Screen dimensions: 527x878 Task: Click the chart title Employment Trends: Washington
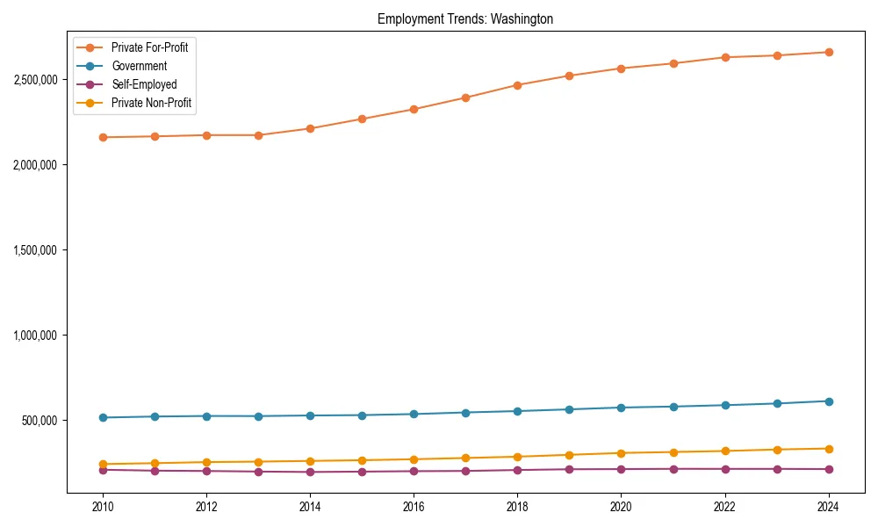pos(465,18)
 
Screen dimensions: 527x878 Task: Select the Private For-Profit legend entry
pos(149,47)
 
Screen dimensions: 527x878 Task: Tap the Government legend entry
pos(139,66)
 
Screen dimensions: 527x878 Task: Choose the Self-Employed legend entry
pos(144,84)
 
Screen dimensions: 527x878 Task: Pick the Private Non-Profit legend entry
pos(151,103)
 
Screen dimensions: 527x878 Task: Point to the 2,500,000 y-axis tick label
pos(36,79)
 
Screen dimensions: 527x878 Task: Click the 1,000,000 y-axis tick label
pos(36,335)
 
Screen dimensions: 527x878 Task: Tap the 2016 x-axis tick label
pos(414,507)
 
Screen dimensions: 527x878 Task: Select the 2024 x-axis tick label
pos(828,507)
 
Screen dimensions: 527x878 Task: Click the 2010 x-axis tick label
pos(103,507)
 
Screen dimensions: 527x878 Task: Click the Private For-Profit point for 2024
pos(828,52)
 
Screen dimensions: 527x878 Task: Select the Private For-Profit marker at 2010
pos(103,137)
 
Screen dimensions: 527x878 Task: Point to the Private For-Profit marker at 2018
pos(517,85)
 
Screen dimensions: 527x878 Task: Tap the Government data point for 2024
pos(828,401)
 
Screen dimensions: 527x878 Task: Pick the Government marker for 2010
pos(103,417)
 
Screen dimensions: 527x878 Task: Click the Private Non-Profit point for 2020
pos(621,453)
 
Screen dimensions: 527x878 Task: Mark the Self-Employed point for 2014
pos(310,472)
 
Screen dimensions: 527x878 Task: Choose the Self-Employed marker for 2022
pos(724,469)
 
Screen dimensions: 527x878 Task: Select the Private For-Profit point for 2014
pos(310,128)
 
